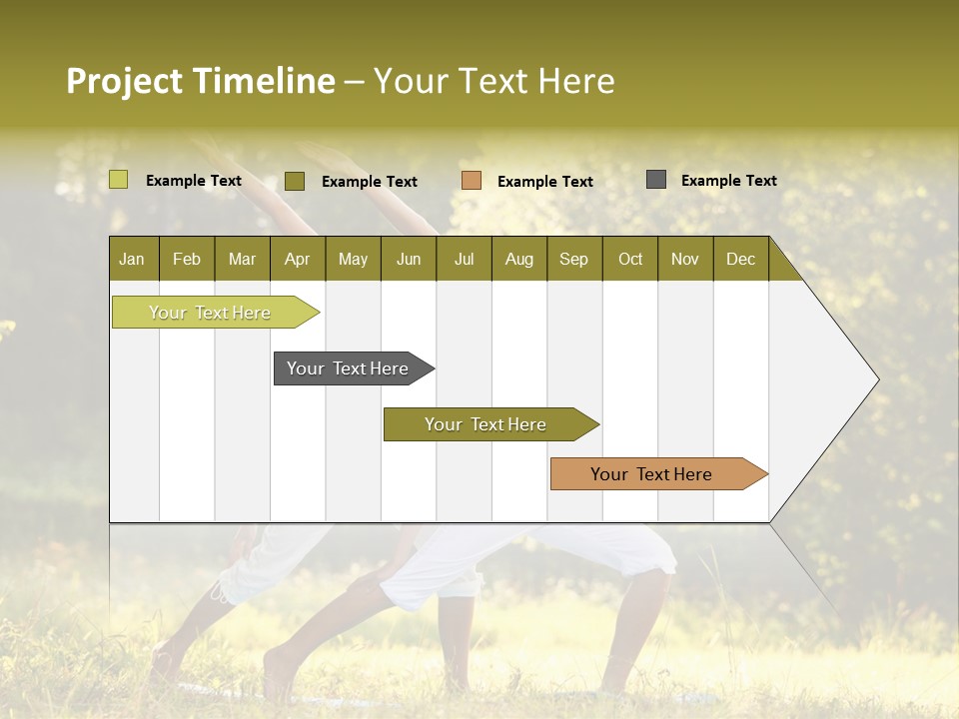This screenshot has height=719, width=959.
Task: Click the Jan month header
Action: click(x=132, y=259)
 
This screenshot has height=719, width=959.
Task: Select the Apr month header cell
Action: click(x=297, y=259)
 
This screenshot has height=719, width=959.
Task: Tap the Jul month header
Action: click(x=464, y=259)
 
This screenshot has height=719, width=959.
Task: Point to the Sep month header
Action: click(x=573, y=259)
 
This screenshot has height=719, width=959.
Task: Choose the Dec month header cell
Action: click(x=740, y=259)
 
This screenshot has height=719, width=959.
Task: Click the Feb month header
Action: click(x=187, y=259)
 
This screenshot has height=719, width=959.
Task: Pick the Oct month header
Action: click(x=630, y=259)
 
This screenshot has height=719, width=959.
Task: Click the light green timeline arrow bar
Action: click(x=211, y=313)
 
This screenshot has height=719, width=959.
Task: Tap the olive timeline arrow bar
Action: click(x=486, y=424)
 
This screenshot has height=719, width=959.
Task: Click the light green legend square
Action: click(x=119, y=180)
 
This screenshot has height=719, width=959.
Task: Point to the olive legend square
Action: click(x=295, y=181)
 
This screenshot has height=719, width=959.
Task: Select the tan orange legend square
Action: click(x=472, y=180)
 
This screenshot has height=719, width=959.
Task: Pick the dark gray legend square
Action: click(x=656, y=180)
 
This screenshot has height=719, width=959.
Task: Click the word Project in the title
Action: click(x=123, y=81)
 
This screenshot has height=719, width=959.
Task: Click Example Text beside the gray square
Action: click(x=728, y=181)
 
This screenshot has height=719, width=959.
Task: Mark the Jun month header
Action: click(x=409, y=259)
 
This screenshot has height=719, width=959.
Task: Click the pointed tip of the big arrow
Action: click(x=876, y=379)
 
